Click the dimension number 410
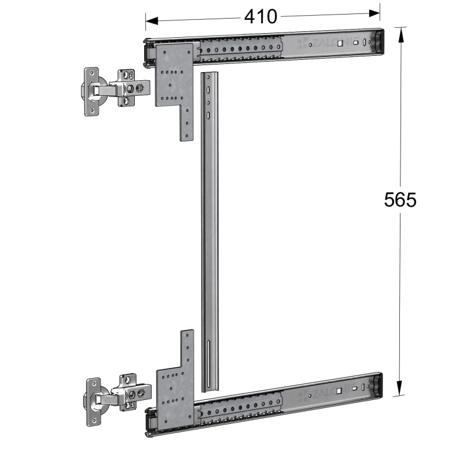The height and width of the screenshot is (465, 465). coord(260,17)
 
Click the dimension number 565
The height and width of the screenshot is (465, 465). coord(400,200)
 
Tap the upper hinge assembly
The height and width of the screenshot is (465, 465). coord(110,91)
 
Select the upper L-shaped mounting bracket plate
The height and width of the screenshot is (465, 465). coord(175,81)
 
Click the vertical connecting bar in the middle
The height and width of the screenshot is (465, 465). coord(209,233)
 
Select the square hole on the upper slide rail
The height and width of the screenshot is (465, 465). coord(341,43)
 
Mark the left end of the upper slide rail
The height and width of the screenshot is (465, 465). coord(149,51)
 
